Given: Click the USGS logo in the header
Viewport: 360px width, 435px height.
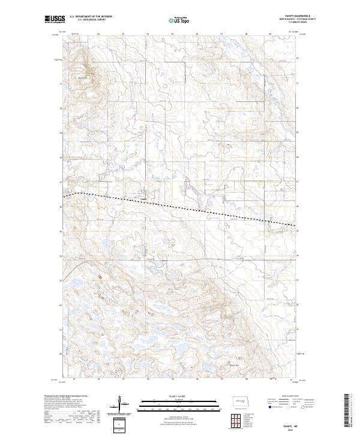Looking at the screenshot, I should point(55,20).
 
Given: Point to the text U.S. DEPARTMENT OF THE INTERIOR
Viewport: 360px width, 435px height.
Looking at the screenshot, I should point(91,16).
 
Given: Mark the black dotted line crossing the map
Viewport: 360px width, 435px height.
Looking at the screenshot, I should point(180,207).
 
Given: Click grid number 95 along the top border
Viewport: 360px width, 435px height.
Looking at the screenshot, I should point(172,34).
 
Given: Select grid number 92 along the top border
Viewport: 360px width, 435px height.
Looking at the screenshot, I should point(98,34).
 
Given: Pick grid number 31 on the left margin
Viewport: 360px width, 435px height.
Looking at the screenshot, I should point(61,84).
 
